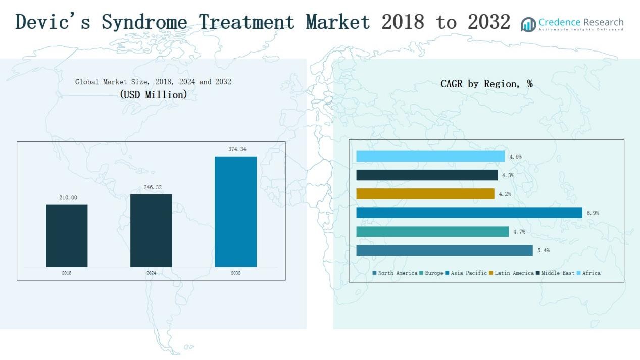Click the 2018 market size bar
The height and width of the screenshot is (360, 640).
67,235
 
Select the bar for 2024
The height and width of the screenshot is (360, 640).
151,230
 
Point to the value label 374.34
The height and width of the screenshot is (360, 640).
235,149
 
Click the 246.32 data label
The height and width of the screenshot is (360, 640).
151,187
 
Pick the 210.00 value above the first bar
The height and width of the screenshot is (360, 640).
68,198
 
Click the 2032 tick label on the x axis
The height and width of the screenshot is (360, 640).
236,273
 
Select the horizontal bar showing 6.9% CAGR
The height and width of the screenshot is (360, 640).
469,213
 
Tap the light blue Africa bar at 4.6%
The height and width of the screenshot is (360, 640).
430,156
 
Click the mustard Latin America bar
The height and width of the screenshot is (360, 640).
425,194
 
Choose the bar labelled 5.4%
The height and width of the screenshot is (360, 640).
444,250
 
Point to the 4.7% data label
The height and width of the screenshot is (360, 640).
519,232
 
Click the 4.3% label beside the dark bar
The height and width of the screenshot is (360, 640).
508,175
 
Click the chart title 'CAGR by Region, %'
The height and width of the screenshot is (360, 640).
486,84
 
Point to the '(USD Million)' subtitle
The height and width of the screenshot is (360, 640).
154,94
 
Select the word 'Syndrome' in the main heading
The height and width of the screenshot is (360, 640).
144,22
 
